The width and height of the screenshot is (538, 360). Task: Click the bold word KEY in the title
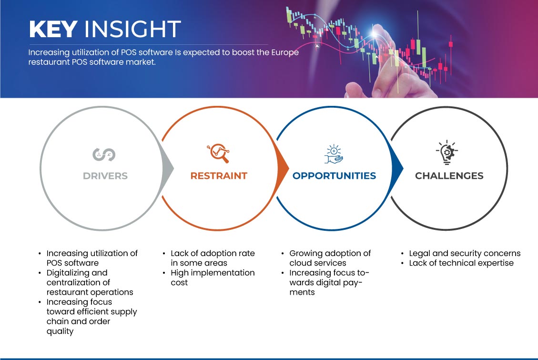(53, 29)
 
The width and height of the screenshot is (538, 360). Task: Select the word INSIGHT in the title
(132, 29)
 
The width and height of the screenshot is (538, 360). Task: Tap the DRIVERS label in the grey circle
(105, 176)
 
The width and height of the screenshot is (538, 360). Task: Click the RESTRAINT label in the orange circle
(219, 176)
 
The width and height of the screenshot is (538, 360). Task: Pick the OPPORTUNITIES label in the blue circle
(334, 176)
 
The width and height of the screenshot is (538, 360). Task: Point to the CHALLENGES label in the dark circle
(449, 176)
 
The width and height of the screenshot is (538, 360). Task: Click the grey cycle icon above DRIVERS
(104, 154)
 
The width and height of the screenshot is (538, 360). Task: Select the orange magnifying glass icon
(218, 153)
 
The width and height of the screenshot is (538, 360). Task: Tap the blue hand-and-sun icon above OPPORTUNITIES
(334, 154)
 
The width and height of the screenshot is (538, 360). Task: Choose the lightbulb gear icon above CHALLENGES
(447, 153)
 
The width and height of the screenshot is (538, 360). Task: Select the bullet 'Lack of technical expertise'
(461, 263)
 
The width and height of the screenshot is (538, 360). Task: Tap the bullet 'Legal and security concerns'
(465, 254)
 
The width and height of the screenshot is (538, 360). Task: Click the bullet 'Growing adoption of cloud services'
(330, 258)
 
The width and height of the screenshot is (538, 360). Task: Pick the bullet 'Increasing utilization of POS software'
(92, 258)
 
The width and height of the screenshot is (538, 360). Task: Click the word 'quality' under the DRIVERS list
(60, 331)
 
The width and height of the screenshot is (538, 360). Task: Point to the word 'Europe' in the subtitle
(285, 53)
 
